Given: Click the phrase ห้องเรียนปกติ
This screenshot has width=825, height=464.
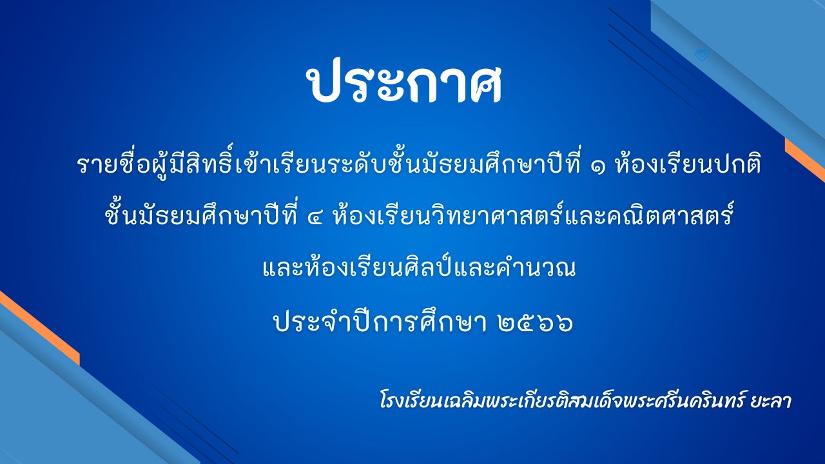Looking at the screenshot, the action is (688, 166).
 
